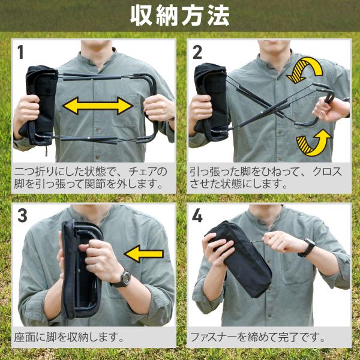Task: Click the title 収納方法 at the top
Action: pos(180,16)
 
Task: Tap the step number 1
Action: pos(20,52)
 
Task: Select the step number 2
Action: pos(197,52)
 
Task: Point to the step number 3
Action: pos(22,215)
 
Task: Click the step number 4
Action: pos(197,215)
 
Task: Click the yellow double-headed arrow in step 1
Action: pos(98,106)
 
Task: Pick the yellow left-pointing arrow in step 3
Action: pos(144,254)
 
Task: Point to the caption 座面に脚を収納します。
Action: pos(69,337)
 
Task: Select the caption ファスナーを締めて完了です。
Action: pos(257,337)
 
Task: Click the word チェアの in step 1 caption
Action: pos(148,172)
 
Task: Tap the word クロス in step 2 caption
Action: pos(328,172)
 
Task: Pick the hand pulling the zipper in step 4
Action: pos(281,242)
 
